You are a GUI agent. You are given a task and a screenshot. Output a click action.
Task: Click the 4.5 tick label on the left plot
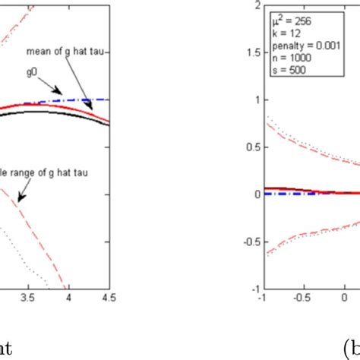[110, 298]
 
